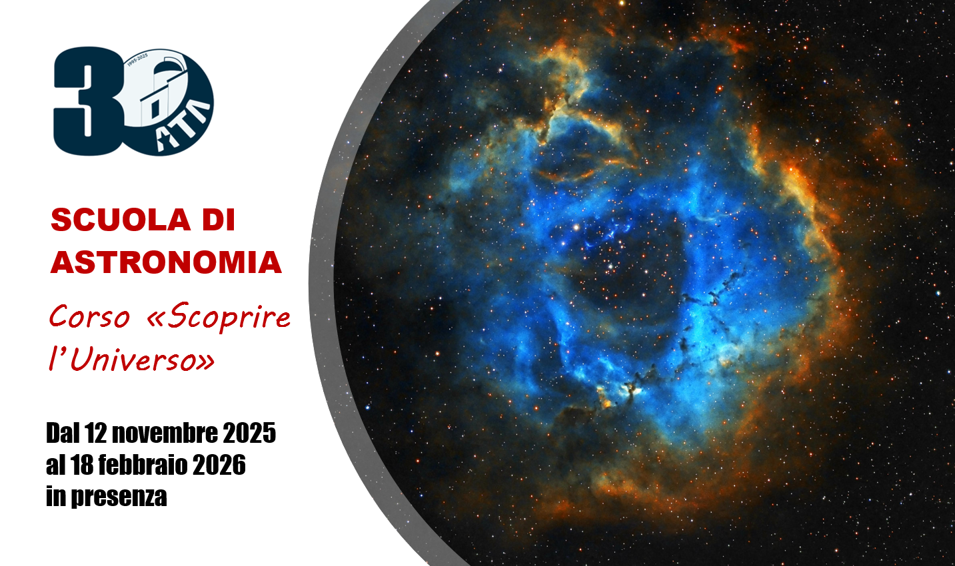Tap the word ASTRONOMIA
[x=166, y=262]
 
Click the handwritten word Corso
[x=89, y=317]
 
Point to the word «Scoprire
[x=219, y=318]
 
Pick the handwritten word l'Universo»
[x=131, y=360]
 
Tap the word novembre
[x=165, y=433]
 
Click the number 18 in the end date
[x=82, y=465]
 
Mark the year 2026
[x=219, y=465]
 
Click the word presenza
[x=119, y=497]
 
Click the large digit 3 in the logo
[x=85, y=101]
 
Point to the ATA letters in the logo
[x=183, y=126]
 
